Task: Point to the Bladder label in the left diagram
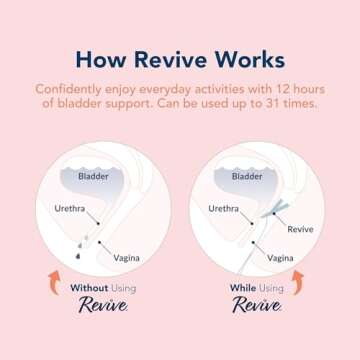(94, 176)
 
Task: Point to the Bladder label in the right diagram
(247, 176)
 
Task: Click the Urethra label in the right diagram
(223, 209)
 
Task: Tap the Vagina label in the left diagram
(126, 257)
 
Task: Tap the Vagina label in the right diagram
(280, 257)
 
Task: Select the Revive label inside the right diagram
(300, 229)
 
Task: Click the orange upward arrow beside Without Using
(54, 283)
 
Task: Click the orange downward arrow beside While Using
(295, 285)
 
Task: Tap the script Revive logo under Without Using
(103, 307)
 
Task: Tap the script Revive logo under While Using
(257, 307)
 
